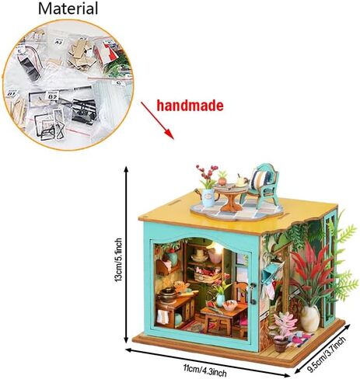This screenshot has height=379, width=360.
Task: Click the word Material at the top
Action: (x=68, y=9)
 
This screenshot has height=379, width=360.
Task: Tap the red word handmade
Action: (x=190, y=106)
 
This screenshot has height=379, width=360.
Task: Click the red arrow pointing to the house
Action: (x=157, y=120)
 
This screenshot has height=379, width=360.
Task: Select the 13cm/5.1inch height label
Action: (x=119, y=260)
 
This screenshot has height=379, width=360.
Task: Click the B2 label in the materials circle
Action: (x=53, y=97)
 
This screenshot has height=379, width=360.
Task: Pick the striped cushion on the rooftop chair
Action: (x=260, y=179)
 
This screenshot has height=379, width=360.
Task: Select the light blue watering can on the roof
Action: (x=208, y=196)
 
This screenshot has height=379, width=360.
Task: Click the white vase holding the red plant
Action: (x=310, y=318)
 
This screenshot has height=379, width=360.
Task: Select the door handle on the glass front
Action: (x=252, y=294)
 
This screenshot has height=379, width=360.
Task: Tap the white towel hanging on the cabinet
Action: (x=163, y=317)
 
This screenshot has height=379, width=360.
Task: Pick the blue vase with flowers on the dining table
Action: (x=220, y=300)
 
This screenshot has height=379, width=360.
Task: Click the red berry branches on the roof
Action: (x=208, y=172)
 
